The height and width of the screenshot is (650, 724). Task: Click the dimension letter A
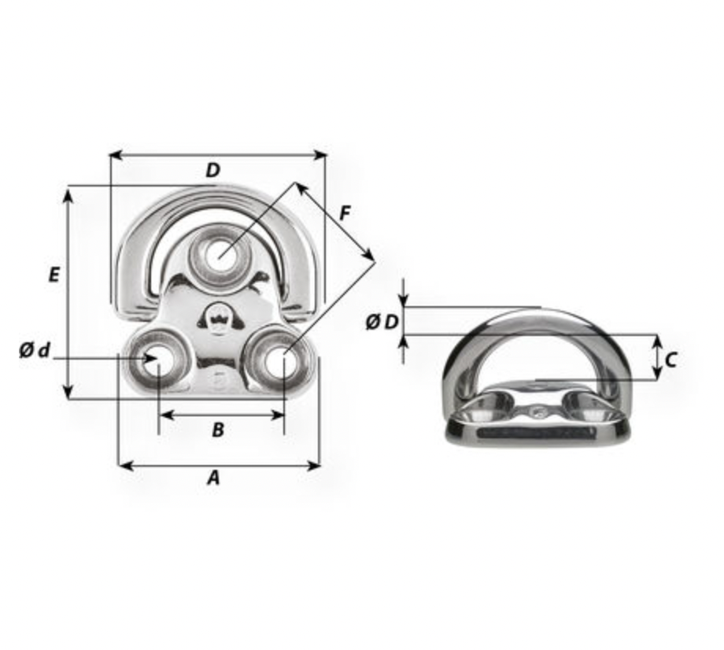[x=213, y=478]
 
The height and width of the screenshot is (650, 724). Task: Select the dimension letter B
[x=218, y=430]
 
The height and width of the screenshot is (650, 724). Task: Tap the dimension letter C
[x=671, y=360]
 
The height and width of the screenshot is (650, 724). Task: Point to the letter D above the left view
[x=212, y=170]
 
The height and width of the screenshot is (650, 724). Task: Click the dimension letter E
[x=54, y=275]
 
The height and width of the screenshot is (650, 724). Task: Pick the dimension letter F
[x=345, y=213]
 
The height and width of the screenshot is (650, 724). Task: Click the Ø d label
[x=35, y=351]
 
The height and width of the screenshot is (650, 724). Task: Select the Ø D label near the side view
[x=382, y=322]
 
